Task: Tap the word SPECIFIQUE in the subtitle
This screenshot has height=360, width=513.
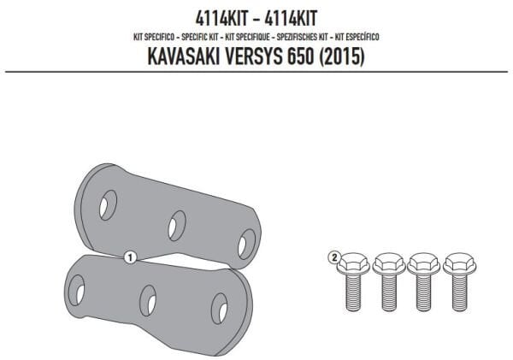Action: coord(240,37)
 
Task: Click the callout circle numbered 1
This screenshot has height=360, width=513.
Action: coord(129,255)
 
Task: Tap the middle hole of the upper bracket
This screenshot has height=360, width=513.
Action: coord(177,225)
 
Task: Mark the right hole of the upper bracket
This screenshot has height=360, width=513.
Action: coord(246,244)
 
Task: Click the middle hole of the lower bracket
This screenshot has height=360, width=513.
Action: coord(148,300)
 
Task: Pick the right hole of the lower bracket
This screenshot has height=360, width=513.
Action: coord(219,308)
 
